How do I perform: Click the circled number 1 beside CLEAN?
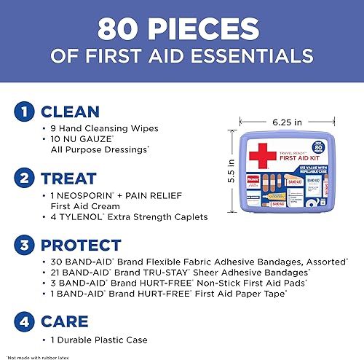click(24, 113)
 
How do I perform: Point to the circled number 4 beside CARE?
click(24, 321)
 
